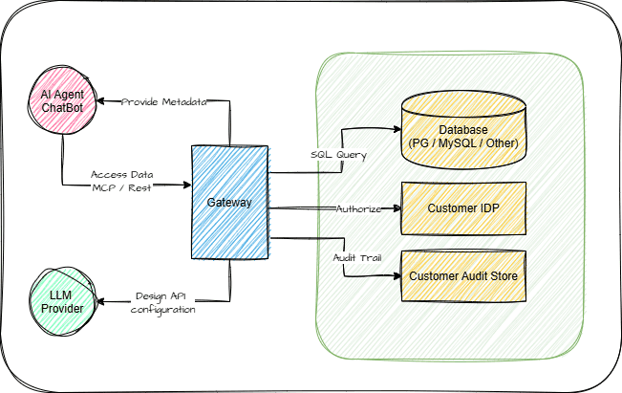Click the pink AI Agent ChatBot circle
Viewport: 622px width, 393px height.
pyautogui.click(x=62, y=100)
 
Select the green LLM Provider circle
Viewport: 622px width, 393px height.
pyautogui.click(x=62, y=302)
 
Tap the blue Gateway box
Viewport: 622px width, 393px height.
pyautogui.click(x=229, y=203)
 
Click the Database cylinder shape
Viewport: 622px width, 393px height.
pyautogui.click(x=463, y=130)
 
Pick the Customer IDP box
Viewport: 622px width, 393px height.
pyautogui.click(x=463, y=208)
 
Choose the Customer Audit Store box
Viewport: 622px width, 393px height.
pyautogui.click(x=463, y=276)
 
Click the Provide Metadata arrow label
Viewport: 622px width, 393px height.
pyautogui.click(x=163, y=102)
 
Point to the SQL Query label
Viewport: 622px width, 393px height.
pyautogui.click(x=338, y=154)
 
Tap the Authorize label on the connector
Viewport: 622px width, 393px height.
pyautogui.click(x=358, y=208)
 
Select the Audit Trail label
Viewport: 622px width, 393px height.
pyautogui.click(x=357, y=258)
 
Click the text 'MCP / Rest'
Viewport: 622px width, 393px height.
pyautogui.click(x=121, y=187)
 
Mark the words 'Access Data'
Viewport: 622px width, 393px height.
pyautogui.click(x=121, y=175)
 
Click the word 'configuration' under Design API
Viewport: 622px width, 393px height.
pyautogui.click(x=163, y=310)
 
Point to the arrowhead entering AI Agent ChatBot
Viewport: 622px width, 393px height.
pyautogui.click(x=100, y=101)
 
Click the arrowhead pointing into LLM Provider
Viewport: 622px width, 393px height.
pyautogui.click(x=100, y=302)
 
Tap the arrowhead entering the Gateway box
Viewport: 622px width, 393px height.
pyautogui.click(x=187, y=185)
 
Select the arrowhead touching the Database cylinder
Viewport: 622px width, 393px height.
pyautogui.click(x=397, y=129)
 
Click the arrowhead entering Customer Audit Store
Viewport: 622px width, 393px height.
pyautogui.click(x=397, y=276)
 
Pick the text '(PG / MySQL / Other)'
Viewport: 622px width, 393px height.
pyautogui.click(x=463, y=142)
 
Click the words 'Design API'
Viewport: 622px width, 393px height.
pyautogui.click(x=161, y=296)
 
